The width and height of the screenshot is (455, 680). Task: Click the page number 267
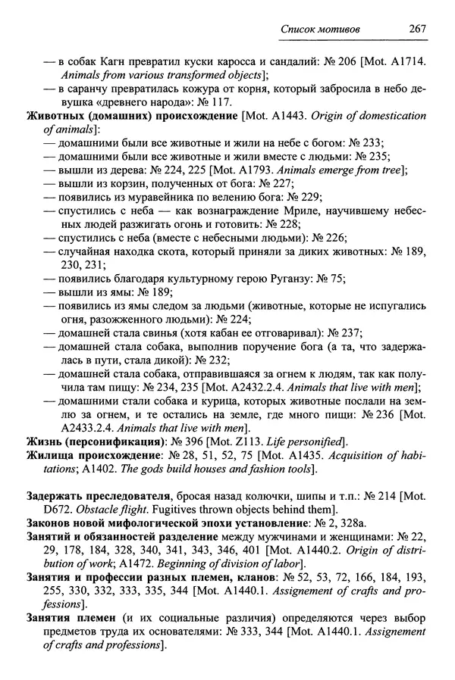(x=414, y=27)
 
